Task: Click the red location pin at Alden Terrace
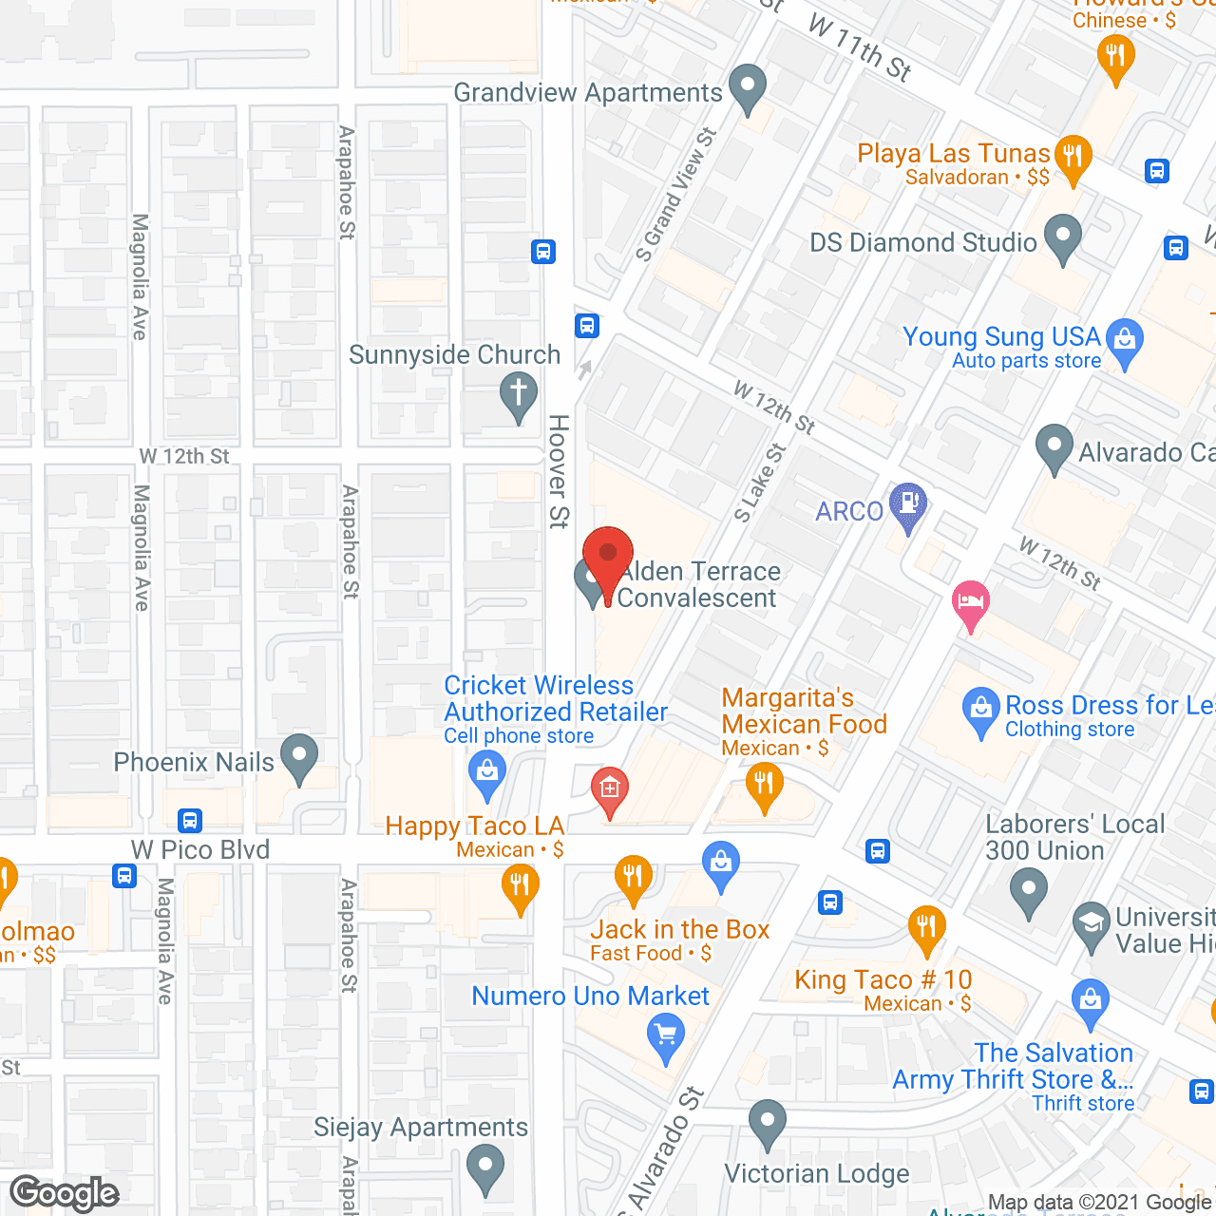click(607, 555)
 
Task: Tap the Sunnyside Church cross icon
click(519, 393)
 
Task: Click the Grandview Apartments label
click(588, 93)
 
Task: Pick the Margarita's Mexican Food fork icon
click(764, 786)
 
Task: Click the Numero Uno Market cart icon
click(665, 1034)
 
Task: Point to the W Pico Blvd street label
click(200, 849)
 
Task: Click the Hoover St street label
click(559, 470)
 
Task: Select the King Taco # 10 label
click(883, 979)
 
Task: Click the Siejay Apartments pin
click(485, 1168)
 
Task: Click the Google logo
click(65, 1193)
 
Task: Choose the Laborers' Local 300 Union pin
click(1028, 893)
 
